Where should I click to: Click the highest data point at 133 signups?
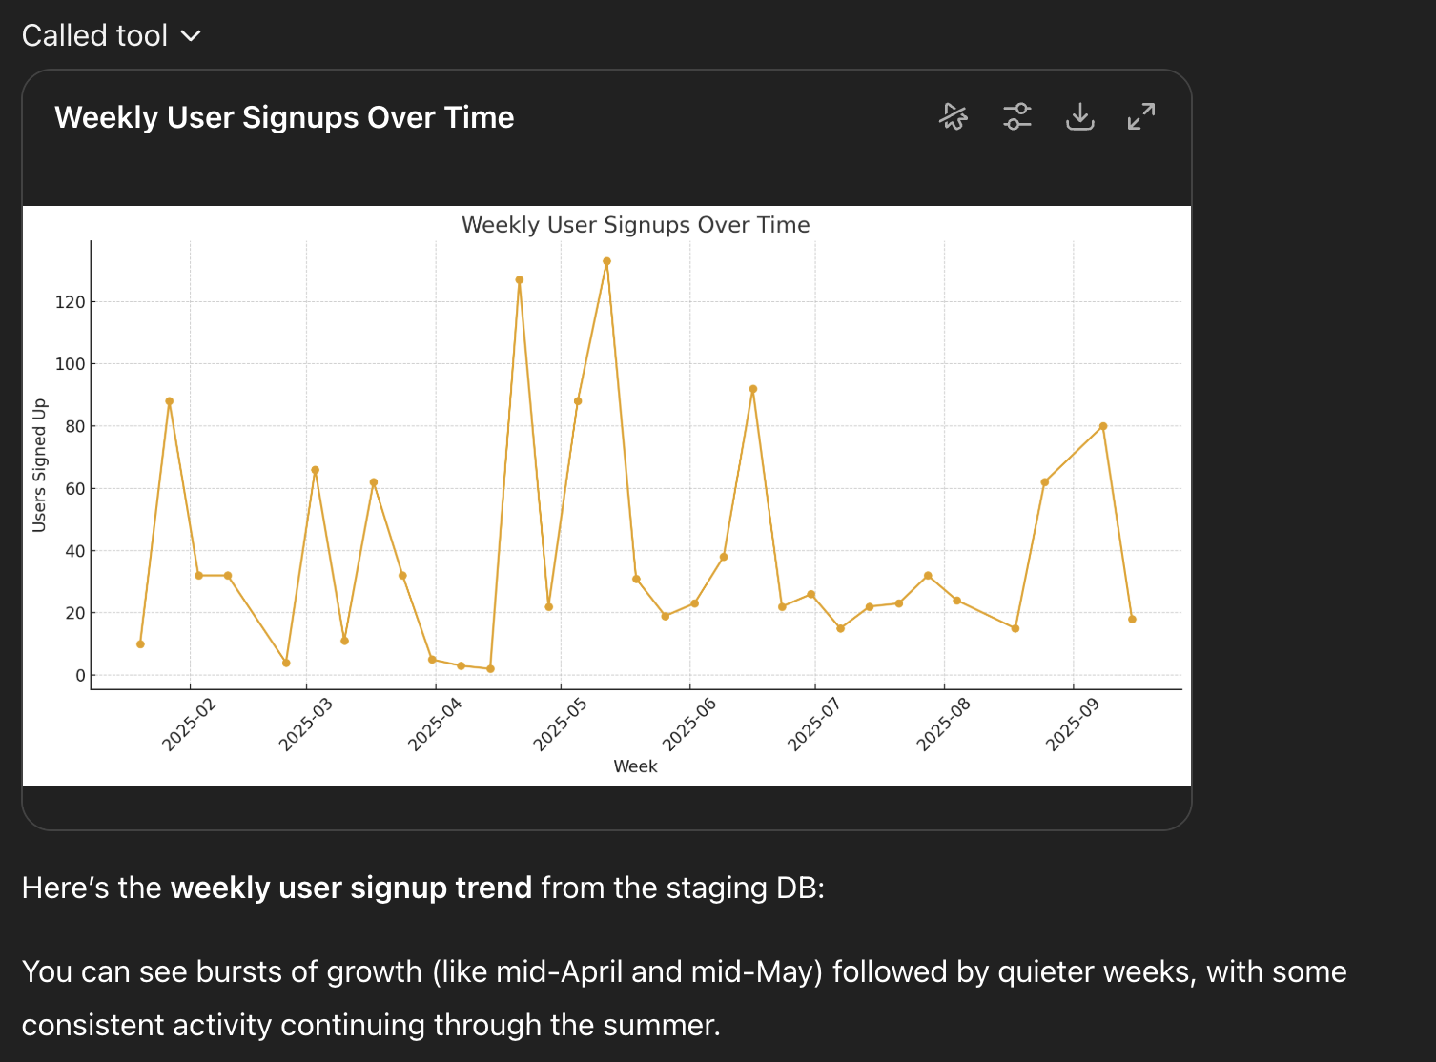[x=606, y=261]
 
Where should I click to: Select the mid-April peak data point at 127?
[x=520, y=280]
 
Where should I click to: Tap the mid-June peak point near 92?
[x=753, y=389]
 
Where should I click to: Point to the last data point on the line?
[x=1132, y=620]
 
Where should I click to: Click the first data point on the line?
[x=140, y=644]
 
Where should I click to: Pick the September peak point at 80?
[x=1103, y=426]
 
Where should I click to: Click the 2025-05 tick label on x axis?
[x=560, y=725]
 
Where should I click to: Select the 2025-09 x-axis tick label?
[x=1072, y=725]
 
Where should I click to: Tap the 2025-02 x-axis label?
[x=189, y=725]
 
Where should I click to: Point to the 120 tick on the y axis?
[x=71, y=302]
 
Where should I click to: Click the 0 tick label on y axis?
[x=80, y=676]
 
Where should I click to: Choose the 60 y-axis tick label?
[x=74, y=489]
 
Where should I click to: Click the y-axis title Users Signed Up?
[x=39, y=465]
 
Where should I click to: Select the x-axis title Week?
[x=635, y=766]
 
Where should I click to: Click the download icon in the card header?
[x=1079, y=117]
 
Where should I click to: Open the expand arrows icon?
[x=1141, y=117]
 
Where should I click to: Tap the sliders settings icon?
[x=1017, y=117]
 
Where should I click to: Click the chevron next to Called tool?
[x=192, y=36]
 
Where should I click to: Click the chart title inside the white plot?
[x=635, y=225]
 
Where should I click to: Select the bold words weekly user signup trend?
[x=351, y=888]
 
